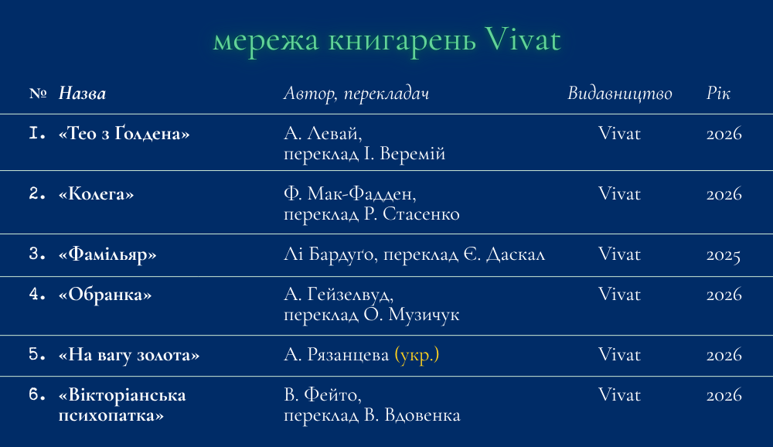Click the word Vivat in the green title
523,39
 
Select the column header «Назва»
83,94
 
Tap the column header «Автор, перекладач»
356,94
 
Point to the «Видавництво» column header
620,94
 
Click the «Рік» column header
718,94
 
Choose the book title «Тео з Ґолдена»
124,133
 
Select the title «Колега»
96,193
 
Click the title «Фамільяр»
107,254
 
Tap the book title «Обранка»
105,294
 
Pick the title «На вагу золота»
128,355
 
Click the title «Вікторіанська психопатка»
122,404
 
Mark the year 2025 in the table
724,254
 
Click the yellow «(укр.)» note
417,355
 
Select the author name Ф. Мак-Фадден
349,194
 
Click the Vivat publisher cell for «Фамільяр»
619,254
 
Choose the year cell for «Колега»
724,194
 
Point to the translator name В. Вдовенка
412,415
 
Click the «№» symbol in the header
38,94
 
